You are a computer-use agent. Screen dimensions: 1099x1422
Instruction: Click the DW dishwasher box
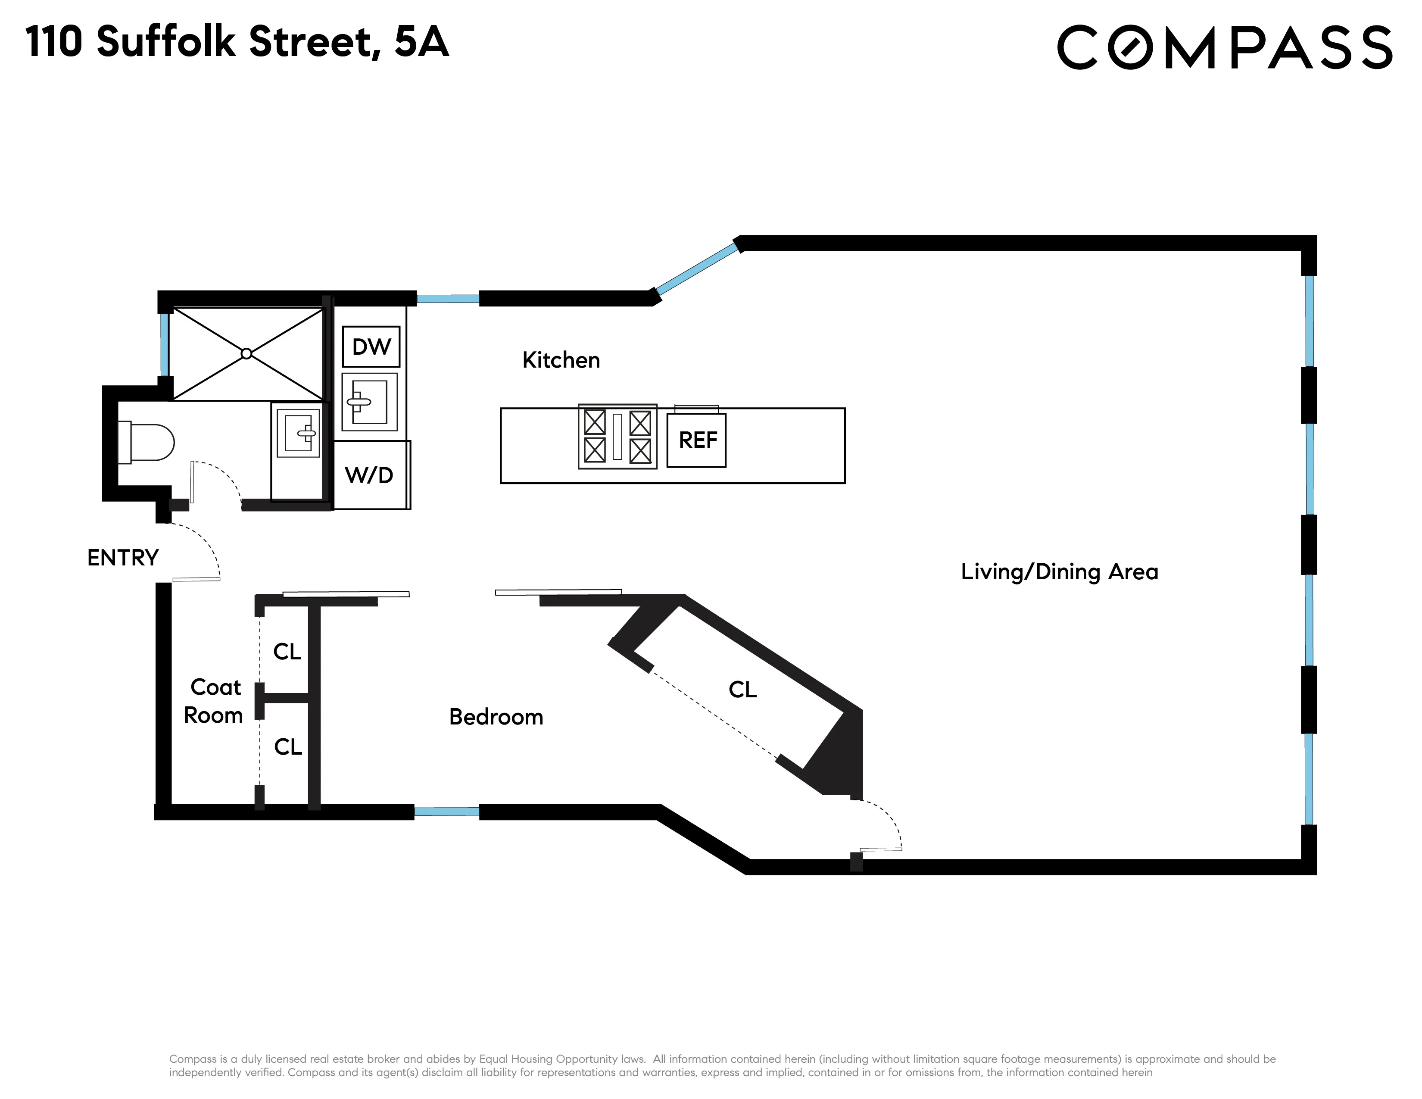tap(371, 347)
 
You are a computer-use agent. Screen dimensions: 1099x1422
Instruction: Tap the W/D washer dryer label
tap(369, 475)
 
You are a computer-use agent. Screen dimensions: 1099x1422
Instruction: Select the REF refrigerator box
tap(697, 440)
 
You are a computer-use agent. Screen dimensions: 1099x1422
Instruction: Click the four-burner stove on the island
tap(617, 436)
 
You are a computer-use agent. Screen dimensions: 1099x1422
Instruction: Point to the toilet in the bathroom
tap(147, 443)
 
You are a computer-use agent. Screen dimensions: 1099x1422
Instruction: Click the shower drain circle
tap(246, 353)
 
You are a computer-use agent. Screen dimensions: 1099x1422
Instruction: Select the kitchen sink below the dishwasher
tap(369, 402)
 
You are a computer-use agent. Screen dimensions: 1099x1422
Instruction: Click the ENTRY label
tap(123, 558)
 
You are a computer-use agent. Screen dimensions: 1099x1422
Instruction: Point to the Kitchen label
tap(561, 360)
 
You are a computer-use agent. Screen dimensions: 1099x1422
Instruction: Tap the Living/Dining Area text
tap(1059, 571)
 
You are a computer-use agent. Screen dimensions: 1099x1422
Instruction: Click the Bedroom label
tap(496, 717)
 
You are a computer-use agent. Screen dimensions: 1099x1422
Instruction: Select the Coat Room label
tap(214, 701)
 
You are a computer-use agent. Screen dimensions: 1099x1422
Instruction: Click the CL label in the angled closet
tap(742, 690)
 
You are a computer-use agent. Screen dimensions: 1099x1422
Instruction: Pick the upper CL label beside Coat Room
tap(287, 652)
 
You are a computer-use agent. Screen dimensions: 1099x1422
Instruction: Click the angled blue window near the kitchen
tap(697, 269)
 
